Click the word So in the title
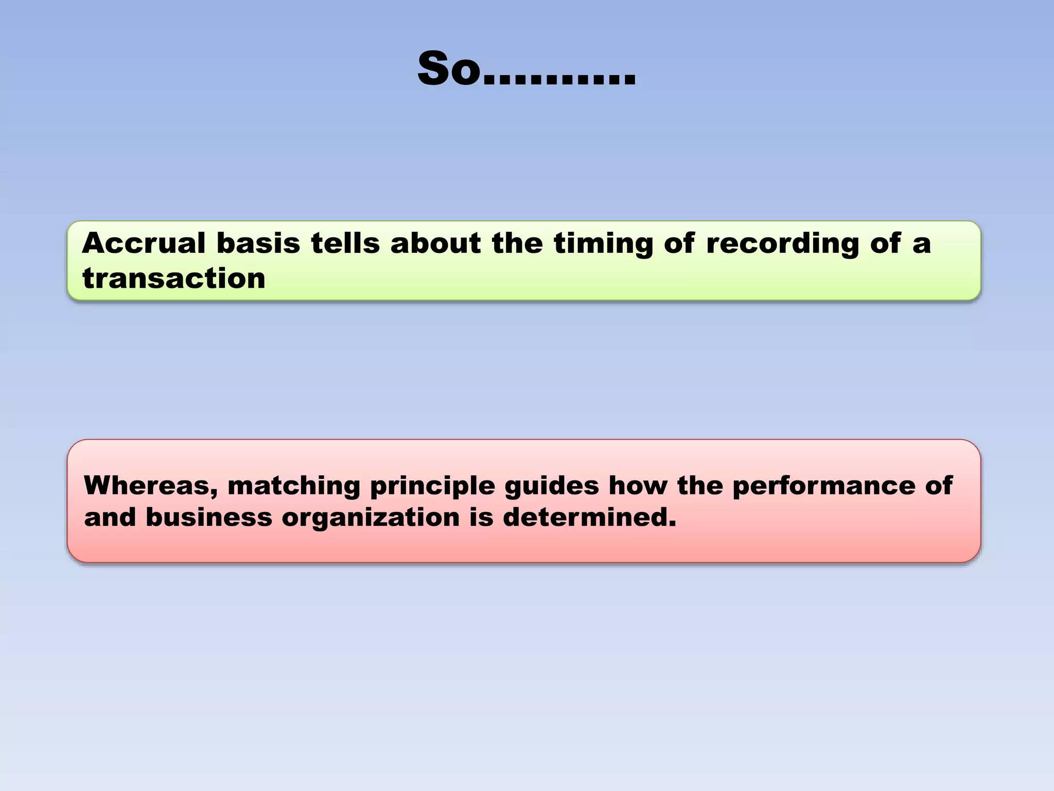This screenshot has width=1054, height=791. point(449,69)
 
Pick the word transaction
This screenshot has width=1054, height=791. point(174,279)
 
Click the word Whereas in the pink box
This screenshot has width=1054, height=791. point(150,486)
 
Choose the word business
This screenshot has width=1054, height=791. point(208,517)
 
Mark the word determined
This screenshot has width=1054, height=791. point(589,517)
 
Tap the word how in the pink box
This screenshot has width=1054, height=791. point(638,486)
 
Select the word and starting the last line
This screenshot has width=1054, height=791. point(109,517)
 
